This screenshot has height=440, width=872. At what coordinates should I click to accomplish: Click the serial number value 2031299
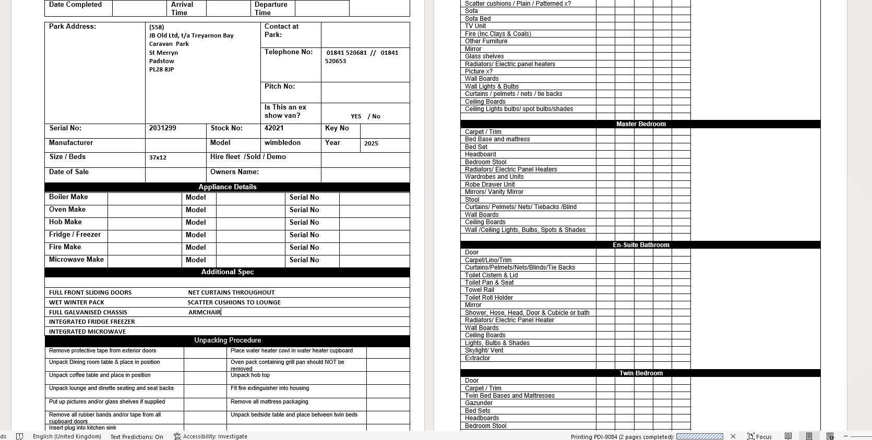pos(162,128)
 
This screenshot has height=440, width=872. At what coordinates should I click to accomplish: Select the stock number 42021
pos(274,128)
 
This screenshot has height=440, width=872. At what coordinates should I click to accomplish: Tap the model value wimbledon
pos(282,143)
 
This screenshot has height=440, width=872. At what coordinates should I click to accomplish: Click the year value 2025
pos(371,143)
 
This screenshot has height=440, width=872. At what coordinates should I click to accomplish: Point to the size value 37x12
pos(158,157)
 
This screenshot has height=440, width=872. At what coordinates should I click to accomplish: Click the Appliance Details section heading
pos(227,187)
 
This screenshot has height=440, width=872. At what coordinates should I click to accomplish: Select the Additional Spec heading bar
pos(227,272)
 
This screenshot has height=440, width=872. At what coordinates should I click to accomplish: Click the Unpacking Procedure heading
pos(227,340)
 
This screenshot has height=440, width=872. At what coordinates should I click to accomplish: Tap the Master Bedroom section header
pos(640,124)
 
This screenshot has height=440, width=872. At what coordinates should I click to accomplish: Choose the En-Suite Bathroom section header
pos(640,245)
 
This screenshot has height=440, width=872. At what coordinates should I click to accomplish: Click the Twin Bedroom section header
pos(640,373)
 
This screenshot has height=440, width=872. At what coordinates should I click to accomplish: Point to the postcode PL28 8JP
pos(161,69)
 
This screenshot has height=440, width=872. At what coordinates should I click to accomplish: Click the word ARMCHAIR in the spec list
pos(205,312)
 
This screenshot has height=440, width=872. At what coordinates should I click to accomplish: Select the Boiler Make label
pos(68,197)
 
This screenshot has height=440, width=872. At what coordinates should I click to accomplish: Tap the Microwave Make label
pos(76,260)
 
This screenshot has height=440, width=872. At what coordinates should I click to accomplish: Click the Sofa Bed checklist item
pos(477,19)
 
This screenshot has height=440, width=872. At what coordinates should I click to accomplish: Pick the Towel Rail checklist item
pos(479,290)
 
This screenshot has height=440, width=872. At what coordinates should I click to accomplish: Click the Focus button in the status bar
pos(759,436)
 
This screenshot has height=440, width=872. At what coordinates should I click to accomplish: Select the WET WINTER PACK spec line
pos(77,302)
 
